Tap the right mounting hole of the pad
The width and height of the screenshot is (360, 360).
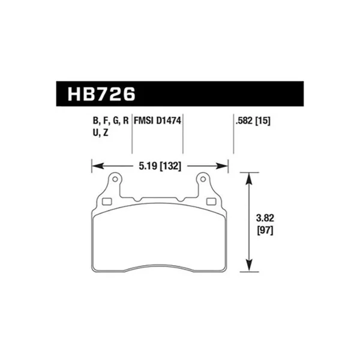coord(203,178)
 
